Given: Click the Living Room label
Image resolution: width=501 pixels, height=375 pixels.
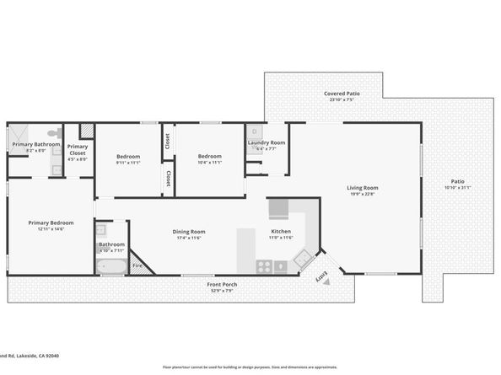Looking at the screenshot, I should coord(362,187).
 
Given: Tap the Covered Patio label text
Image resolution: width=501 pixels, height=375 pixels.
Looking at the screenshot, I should coord(342,93).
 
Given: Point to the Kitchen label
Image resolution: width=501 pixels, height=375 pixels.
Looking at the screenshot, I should coord(281,232).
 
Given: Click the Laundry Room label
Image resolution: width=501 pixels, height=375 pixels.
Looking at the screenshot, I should coord(266,142).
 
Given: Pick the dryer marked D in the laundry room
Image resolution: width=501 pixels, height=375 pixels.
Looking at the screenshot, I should coord(254,131).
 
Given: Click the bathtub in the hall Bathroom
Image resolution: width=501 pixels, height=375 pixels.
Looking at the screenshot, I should coord(110,269).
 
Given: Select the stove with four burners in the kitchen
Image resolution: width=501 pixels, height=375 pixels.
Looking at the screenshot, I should coord(264,266).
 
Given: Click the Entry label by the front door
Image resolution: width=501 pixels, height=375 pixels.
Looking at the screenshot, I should coord(321,277).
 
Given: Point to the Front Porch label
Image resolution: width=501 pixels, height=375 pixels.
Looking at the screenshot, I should coord(222,284).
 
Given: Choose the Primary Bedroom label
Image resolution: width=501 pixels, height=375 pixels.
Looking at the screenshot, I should coord(51,222).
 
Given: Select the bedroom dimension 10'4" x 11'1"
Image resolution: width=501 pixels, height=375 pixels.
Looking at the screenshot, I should coord(209,163).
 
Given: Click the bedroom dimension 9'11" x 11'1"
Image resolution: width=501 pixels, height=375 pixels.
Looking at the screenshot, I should coord(128,163).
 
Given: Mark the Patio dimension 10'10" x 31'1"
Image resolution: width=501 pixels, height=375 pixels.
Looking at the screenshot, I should coord(457,187).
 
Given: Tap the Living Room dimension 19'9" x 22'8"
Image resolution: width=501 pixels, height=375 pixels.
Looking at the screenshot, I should coord(362,194).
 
